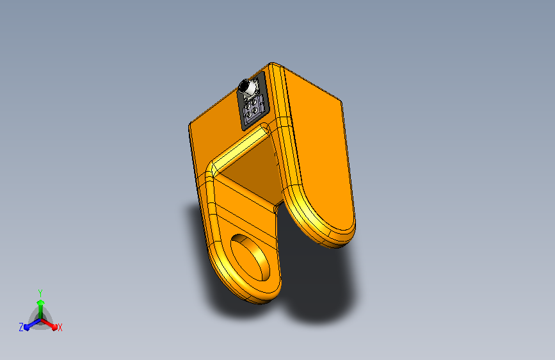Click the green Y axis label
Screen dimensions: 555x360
click(40, 293)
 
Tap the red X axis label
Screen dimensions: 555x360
click(60, 328)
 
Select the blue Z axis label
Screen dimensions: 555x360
click(21, 327)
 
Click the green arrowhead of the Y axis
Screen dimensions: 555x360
click(40, 303)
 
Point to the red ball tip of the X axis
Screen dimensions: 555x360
click(54, 327)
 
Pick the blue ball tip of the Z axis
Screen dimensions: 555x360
click(26, 327)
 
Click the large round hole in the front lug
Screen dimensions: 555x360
click(250, 257)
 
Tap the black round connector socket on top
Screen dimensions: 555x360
click(244, 86)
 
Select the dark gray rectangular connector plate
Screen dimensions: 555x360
click(253, 101)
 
